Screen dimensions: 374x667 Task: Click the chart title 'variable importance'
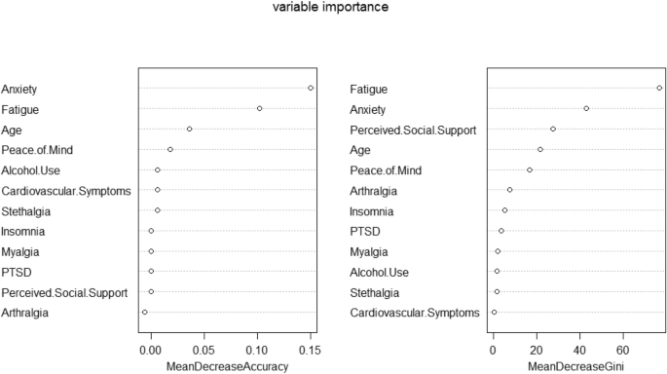pos(333,7)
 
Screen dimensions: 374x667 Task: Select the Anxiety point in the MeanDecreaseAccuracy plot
pos(311,88)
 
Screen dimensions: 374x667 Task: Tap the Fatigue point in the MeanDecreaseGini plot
pos(659,88)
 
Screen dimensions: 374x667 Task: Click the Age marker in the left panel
pos(189,129)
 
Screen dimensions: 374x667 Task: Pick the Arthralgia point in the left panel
pos(144,312)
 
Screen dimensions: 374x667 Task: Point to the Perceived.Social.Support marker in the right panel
pos(553,129)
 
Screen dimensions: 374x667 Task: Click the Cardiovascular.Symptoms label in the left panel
pos(66,190)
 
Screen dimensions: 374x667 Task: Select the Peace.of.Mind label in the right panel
pos(386,169)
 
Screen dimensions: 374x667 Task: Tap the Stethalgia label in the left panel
pos(26,210)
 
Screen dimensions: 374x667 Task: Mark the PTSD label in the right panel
pos(365,231)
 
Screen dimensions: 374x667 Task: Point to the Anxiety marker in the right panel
pos(586,108)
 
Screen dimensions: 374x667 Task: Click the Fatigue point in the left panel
pos(259,108)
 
